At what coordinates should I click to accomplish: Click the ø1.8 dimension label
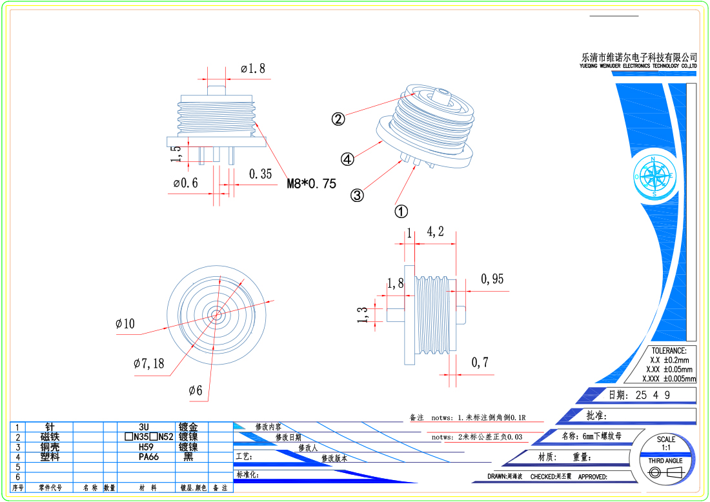click(x=252, y=68)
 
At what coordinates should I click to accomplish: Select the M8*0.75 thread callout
click(x=312, y=184)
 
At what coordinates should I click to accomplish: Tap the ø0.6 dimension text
click(x=185, y=183)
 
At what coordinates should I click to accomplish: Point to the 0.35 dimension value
click(x=261, y=174)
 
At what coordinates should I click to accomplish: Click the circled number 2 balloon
click(x=338, y=119)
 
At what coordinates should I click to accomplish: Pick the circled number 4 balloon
click(x=347, y=159)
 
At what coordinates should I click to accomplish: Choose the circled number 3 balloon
click(x=357, y=195)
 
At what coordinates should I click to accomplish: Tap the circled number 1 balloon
click(x=401, y=211)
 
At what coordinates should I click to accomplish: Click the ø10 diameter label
click(x=125, y=323)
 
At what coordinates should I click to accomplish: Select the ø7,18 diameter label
click(x=149, y=364)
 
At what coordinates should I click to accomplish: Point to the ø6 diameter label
click(x=196, y=390)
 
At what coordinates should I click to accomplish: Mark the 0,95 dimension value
click(x=492, y=279)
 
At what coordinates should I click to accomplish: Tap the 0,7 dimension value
click(x=480, y=363)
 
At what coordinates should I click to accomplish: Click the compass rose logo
click(x=654, y=176)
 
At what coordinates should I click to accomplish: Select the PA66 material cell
click(x=150, y=457)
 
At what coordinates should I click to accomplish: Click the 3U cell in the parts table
click(x=144, y=427)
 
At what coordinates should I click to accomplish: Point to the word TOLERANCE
click(x=669, y=350)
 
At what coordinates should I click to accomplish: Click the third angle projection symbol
click(x=665, y=473)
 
